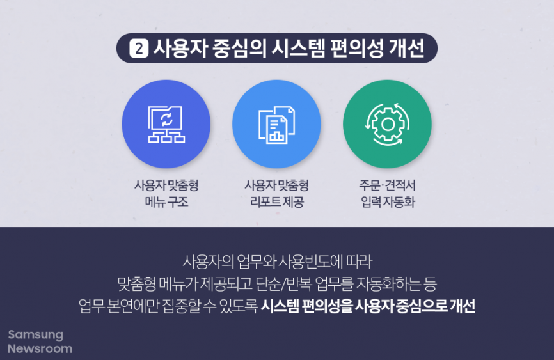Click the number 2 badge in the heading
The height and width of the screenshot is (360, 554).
click(139, 49)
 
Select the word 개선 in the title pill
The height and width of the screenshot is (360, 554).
click(406, 49)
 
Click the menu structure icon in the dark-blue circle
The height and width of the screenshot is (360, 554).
click(166, 124)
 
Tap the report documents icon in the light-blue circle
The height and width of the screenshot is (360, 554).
click(276, 124)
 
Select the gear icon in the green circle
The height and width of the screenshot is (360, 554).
click(387, 124)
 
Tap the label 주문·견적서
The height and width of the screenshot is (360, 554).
click(387, 186)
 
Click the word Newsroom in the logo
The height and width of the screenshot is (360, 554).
click(40, 349)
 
